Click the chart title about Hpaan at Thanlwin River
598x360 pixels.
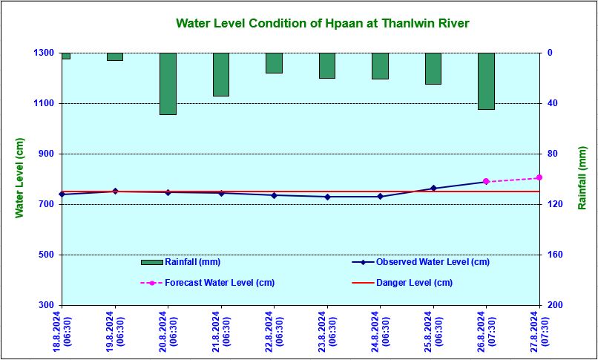click(x=322, y=24)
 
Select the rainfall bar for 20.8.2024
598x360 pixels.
click(x=168, y=84)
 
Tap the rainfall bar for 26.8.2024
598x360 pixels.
click(x=486, y=81)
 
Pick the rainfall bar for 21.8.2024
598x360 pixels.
click(x=221, y=74)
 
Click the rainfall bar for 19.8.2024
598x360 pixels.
click(x=115, y=56)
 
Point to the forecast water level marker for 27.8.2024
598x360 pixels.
click(x=539, y=177)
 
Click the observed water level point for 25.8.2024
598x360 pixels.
click(x=433, y=189)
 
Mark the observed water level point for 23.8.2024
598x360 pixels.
click(x=327, y=197)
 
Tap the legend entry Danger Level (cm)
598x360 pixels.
click(x=414, y=283)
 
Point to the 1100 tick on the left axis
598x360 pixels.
click(x=43, y=103)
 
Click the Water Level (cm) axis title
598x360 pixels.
click(x=20, y=178)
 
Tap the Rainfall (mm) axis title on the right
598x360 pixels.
click(x=582, y=178)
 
